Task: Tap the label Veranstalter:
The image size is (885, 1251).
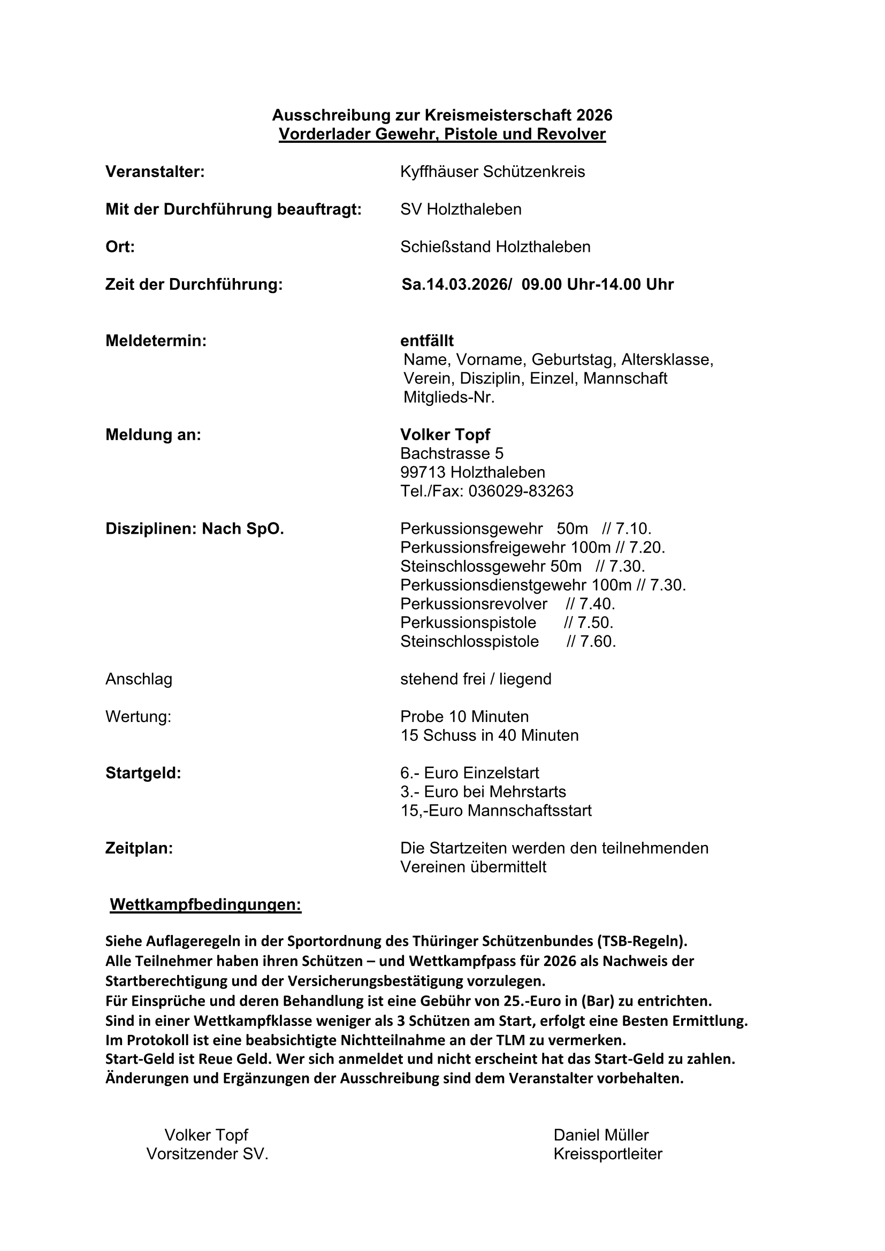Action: [x=155, y=172]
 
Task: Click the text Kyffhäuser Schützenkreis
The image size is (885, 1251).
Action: [x=492, y=172]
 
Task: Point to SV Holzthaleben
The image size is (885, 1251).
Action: [x=461, y=209]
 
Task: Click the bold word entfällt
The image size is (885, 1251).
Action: [x=426, y=341]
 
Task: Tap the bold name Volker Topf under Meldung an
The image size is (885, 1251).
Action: [x=445, y=435]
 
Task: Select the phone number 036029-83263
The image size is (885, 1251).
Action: [x=521, y=492]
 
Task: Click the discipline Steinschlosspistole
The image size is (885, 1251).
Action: [x=469, y=641]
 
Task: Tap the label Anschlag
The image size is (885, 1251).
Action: [x=139, y=679]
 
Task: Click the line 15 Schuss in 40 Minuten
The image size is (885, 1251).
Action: [x=490, y=735]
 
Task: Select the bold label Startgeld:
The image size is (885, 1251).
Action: [x=143, y=773]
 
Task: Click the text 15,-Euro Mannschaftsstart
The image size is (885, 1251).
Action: [x=496, y=811]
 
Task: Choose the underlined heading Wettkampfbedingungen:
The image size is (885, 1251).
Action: [x=205, y=905]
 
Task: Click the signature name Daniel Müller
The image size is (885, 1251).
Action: [x=600, y=1135]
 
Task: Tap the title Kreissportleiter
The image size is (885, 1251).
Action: [x=608, y=1154]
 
